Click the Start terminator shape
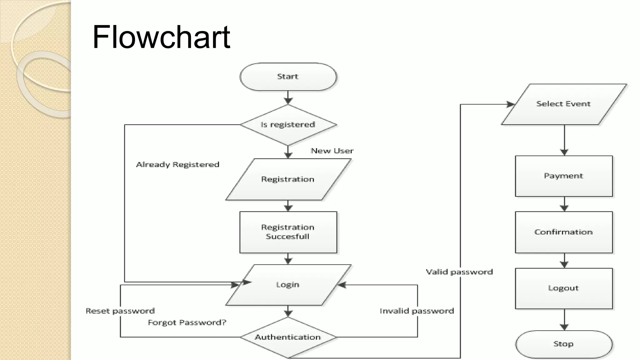(x=288, y=77)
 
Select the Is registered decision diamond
(x=288, y=125)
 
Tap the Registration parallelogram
(x=288, y=179)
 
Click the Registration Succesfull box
(x=288, y=232)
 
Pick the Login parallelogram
(x=288, y=285)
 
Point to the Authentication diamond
(x=288, y=337)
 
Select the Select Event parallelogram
(x=563, y=104)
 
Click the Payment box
(x=563, y=176)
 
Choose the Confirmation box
(x=563, y=232)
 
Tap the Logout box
(x=563, y=288)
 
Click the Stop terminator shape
(x=563, y=344)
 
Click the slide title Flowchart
(x=161, y=37)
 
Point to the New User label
(x=332, y=151)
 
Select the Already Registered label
(x=177, y=165)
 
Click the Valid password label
(x=459, y=272)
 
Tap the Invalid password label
(x=417, y=311)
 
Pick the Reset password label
(x=120, y=311)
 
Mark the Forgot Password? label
(x=187, y=322)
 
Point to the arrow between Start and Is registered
(x=288, y=98)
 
